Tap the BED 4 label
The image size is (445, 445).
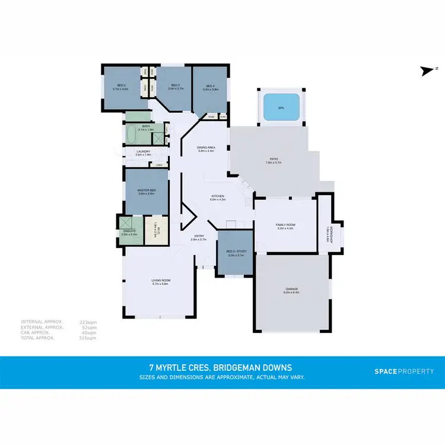click(209, 86)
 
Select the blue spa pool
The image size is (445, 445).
click(281, 107)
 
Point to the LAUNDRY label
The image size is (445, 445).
click(144, 151)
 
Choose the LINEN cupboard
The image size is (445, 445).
click(158, 165)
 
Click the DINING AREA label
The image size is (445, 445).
click(206, 147)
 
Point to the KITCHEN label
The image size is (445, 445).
click(218, 196)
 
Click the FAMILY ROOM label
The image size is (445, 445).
click(285, 224)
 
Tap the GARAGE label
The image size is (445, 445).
click(292, 289)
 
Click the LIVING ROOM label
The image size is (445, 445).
click(161, 281)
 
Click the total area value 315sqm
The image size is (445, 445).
click(88, 338)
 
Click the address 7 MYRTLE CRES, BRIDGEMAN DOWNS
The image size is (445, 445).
click(222, 368)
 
